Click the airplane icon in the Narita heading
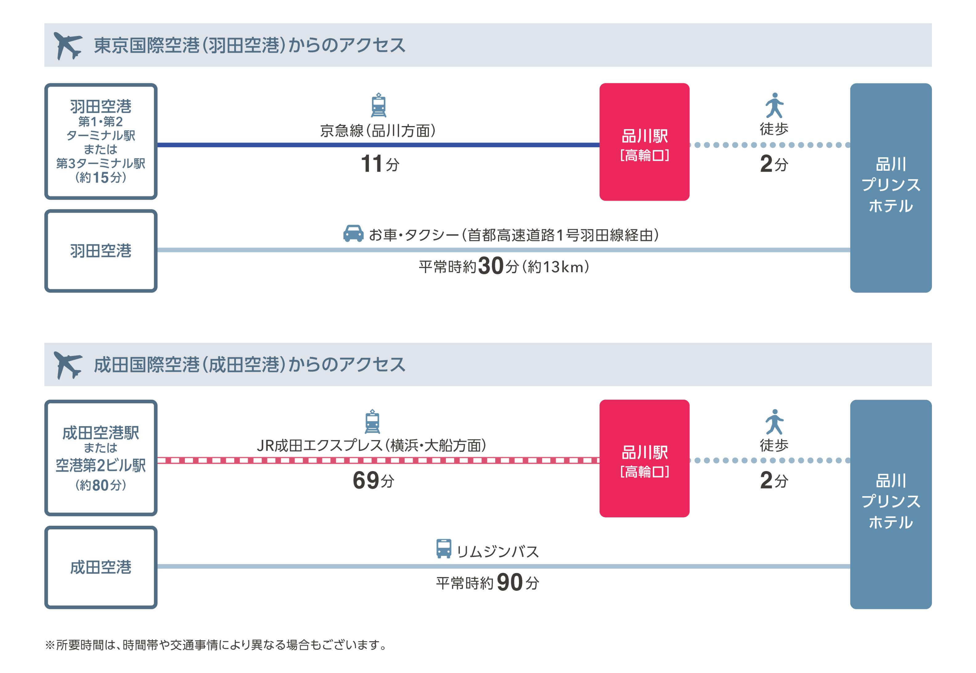pos(67,365)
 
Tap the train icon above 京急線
pos(378,105)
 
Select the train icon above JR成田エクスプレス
pos(372,421)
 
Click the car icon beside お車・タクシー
pos(353,233)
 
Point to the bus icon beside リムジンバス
pos(443,549)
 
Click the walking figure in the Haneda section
pos(774,105)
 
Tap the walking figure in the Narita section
pos(774,422)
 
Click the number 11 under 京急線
pos(371,164)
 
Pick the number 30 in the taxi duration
pos(491,266)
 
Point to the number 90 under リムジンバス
pos(509,582)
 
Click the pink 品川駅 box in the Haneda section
pos(644,142)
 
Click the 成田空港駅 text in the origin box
pos(101,433)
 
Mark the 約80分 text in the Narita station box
pos(101,485)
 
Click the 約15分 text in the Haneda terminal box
pos(101,177)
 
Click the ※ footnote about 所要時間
pos(216,645)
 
